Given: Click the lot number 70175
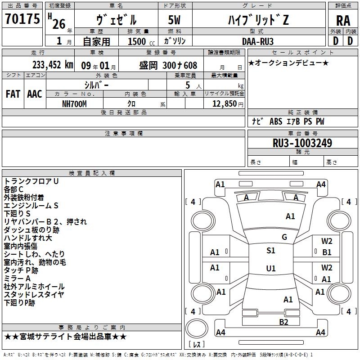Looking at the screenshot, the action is [22, 18].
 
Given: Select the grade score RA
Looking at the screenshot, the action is [343, 21].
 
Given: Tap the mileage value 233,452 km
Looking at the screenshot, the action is [53, 65].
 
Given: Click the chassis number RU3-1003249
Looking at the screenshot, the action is [302, 143].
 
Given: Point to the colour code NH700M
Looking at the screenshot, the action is [74, 104].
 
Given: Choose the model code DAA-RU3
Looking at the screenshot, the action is [257, 41].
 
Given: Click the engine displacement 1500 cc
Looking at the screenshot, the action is [141, 41].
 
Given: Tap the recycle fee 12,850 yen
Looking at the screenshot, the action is [228, 104].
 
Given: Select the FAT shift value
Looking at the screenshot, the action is [13, 94].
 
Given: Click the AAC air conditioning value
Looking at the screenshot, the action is [35, 94].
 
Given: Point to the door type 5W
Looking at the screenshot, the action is [174, 20].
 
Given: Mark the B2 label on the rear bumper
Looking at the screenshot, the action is [283, 322].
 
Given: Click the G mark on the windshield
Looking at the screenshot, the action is [284, 237].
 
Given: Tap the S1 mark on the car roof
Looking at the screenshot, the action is [271, 251].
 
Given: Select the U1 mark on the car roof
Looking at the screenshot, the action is [271, 268].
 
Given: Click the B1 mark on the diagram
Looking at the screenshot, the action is [327, 252].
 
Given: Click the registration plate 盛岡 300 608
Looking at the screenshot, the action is [168, 65].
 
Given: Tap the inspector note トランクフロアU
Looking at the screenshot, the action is [31, 181].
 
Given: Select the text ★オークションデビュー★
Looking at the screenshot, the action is [288, 63].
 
